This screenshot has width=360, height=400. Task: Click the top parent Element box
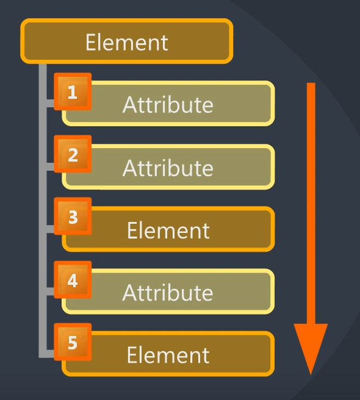127,41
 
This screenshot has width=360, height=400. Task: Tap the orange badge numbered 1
73,91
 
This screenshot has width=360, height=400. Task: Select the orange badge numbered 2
73,154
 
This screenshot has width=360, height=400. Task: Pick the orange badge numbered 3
73,216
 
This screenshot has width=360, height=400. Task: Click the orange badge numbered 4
73,280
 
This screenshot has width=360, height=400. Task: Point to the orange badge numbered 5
73,342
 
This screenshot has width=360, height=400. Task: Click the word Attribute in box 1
168,104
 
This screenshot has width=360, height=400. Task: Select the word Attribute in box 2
168,168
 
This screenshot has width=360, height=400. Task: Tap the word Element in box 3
168,230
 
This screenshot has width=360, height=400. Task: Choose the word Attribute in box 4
168,292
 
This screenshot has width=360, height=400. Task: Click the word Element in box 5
168,355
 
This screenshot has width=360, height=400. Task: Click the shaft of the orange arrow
311,203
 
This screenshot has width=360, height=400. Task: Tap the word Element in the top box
127,42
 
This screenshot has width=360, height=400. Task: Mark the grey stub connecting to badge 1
50,103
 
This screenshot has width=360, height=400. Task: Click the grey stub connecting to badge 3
50,229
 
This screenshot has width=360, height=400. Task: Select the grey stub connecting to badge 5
50,354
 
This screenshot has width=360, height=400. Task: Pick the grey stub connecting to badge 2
50,167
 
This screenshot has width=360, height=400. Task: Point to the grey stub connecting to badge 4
50,291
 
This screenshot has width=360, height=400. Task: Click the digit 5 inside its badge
73,342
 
